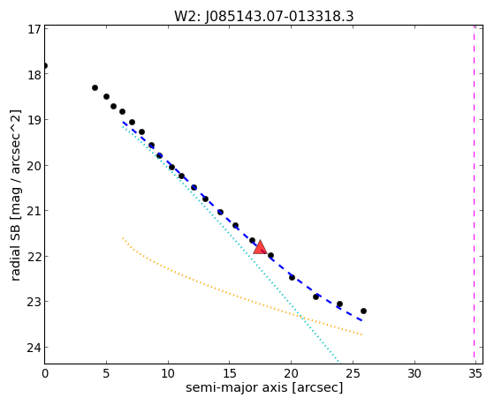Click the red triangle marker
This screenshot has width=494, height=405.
(260, 247)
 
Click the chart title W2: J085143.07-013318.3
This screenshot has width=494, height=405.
(264, 17)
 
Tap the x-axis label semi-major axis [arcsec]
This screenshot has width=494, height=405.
(264, 387)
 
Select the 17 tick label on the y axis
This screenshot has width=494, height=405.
(34, 29)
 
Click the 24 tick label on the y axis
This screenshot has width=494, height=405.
(34, 348)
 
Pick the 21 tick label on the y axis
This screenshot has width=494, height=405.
(34, 211)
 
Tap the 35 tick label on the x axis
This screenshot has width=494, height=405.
(475, 374)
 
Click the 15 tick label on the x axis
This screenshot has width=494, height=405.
(230, 374)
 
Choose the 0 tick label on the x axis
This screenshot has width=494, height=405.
(45, 374)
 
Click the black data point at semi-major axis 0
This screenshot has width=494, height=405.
(45, 66)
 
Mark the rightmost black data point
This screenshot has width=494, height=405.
(363, 311)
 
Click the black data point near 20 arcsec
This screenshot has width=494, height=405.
(292, 277)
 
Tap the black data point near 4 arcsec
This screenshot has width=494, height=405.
(95, 88)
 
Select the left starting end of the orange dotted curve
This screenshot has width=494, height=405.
(122, 238)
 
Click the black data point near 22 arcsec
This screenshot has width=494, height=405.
(316, 296)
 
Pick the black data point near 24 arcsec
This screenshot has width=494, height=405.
(339, 304)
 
